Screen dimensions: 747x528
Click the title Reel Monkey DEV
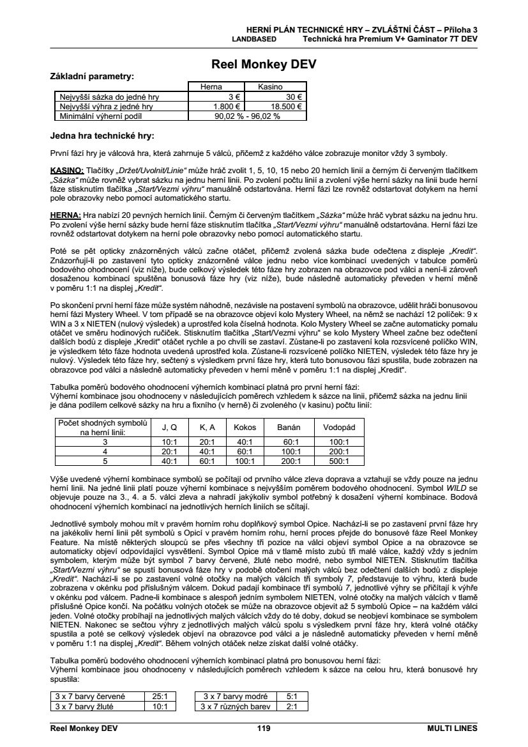click(264, 65)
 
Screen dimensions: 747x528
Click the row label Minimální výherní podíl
click(100, 116)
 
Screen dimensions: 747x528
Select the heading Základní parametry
click(92, 77)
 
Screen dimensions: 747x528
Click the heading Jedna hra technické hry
click(102, 135)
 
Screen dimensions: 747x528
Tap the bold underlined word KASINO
click(67, 171)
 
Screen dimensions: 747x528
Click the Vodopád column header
click(339, 427)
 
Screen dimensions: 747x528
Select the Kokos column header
click(245, 427)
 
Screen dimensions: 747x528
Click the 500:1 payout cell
click(339, 460)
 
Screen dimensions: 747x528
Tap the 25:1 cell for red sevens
click(159, 696)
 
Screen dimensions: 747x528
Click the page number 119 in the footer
click(264, 728)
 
